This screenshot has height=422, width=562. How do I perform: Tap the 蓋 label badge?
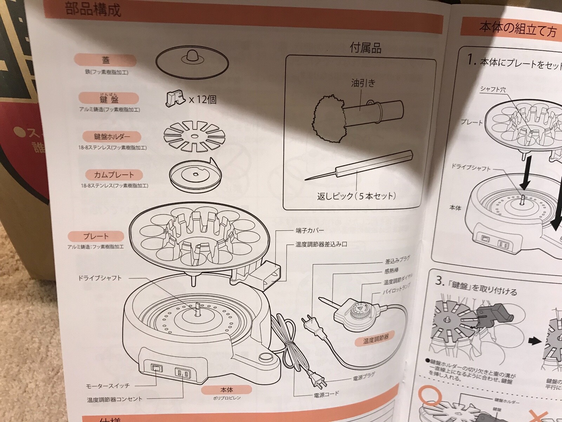pyautogui.click(x=105, y=60)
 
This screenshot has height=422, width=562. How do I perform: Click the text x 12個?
pyautogui.click(x=203, y=100)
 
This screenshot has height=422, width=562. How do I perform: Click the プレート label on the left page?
pyautogui.click(x=96, y=236)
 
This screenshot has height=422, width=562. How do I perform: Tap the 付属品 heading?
pyautogui.click(x=365, y=47)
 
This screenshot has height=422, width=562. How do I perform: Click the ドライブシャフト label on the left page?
pyautogui.click(x=100, y=278)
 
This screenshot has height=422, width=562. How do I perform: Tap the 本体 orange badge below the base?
pyautogui.click(x=227, y=389)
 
